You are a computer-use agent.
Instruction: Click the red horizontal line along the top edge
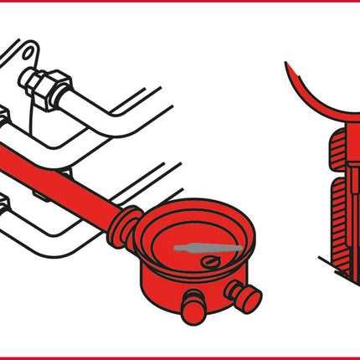coord(180,2)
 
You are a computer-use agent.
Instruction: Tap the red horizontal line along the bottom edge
coord(180,357)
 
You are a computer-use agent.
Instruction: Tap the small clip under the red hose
coord(40,194)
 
